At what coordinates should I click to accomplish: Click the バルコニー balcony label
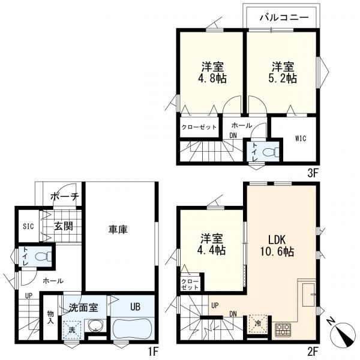pyautogui.click(x=284, y=17)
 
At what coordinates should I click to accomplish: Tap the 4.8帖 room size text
pyautogui.click(x=212, y=78)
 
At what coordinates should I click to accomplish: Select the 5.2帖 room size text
pyautogui.click(x=283, y=78)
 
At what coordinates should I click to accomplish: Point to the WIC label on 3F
pyautogui.click(x=301, y=139)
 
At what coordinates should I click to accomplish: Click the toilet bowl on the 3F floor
pyautogui.click(x=271, y=152)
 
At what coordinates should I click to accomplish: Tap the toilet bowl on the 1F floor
pyautogui.click(x=44, y=256)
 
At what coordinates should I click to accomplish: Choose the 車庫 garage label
pyautogui.click(x=118, y=230)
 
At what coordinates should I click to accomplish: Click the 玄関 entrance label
pyautogui.click(x=64, y=227)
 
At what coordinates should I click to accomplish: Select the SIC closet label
pyautogui.click(x=28, y=226)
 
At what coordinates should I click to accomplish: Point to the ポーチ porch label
pyautogui.click(x=65, y=197)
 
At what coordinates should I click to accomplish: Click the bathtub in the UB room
pyautogui.click(x=133, y=328)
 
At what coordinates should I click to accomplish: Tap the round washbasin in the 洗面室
pyautogui.click(x=95, y=326)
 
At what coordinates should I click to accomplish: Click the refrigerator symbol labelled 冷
pyautogui.click(x=258, y=324)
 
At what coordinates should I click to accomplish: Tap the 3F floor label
pyautogui.click(x=313, y=173)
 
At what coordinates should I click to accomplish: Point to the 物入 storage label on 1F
pyautogui.click(x=50, y=317)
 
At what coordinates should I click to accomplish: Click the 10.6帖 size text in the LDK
pyautogui.click(x=277, y=251)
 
